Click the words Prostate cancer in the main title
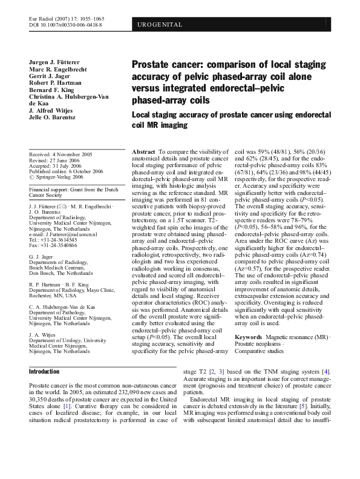click(164, 63)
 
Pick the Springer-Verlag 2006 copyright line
click(58, 177)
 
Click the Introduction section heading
click(44, 371)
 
